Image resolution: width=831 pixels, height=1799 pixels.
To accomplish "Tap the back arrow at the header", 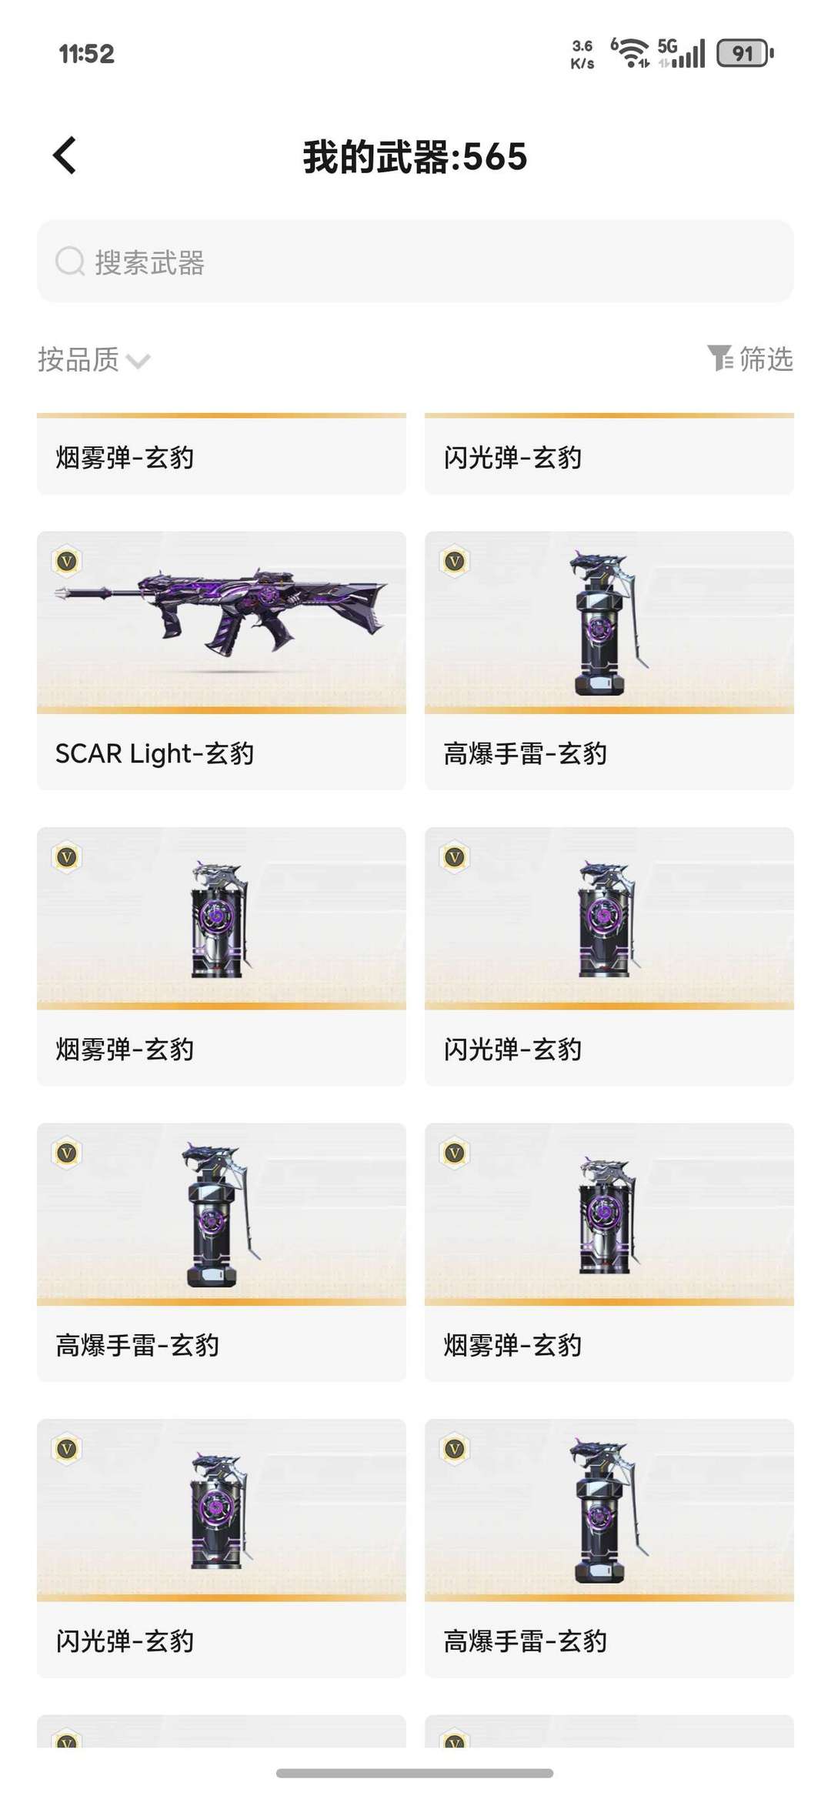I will coord(65,156).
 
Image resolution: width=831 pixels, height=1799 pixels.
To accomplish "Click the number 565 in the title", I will coord(495,157).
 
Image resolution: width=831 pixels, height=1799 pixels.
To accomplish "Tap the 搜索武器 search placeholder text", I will coord(149,263).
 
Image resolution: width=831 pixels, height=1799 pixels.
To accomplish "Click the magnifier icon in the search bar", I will coord(70,262).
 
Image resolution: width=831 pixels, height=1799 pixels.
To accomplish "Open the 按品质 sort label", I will coord(78,359).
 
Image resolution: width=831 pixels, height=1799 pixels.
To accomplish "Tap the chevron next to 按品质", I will coord(138,361).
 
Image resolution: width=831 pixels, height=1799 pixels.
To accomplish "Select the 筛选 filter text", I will coord(766,359).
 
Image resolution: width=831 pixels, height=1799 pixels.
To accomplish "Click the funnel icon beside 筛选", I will coord(720,358).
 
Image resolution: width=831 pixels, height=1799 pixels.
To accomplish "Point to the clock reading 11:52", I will coord(86,54).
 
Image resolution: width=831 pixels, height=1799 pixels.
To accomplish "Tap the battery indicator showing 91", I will coord(744,53).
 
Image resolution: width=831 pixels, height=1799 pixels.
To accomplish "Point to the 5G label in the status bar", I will coord(667,45).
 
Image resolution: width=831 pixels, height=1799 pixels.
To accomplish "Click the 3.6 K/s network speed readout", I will coord(582,54).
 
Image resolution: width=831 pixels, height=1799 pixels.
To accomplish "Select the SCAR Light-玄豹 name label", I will coord(155,753).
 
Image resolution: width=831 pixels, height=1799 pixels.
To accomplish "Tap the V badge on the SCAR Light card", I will coord(67,562).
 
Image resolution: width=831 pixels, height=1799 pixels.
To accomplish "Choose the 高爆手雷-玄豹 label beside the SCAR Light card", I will coord(526,753).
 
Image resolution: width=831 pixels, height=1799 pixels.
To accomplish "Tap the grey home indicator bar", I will coord(415,1774).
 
